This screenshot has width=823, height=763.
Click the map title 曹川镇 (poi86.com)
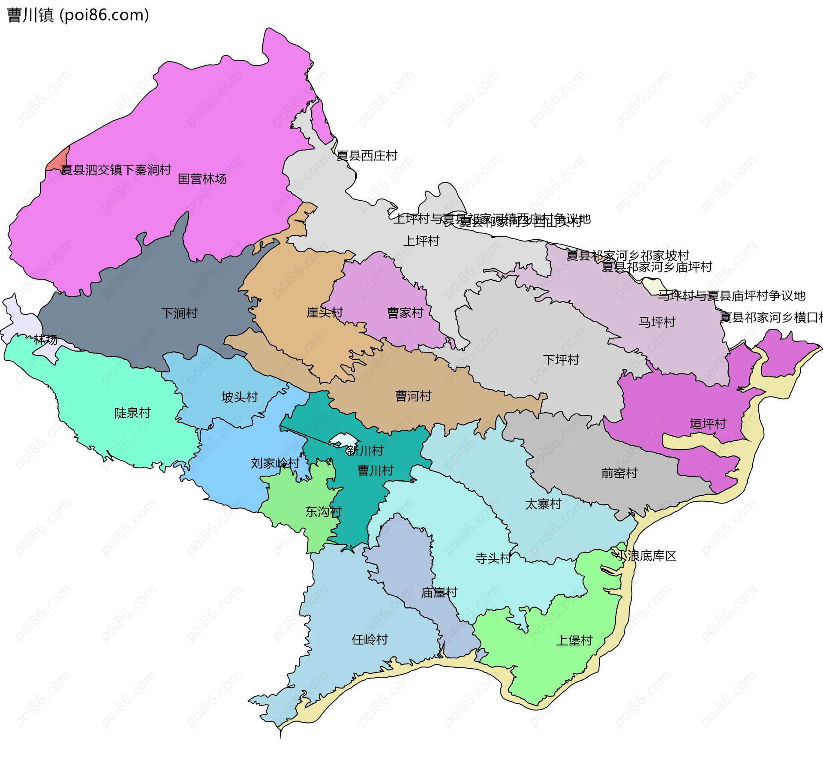(x=78, y=15)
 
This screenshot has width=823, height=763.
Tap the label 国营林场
(x=202, y=179)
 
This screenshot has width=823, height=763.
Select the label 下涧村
(x=179, y=313)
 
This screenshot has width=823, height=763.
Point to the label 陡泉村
(x=132, y=413)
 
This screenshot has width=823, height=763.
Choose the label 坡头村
(x=239, y=397)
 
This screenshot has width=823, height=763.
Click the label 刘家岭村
(x=275, y=463)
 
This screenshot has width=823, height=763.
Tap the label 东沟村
(x=323, y=511)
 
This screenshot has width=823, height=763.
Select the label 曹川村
(x=375, y=470)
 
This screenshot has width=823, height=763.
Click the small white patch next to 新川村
(x=343, y=440)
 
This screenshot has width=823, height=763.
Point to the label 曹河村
(x=413, y=396)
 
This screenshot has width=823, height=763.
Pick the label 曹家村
(x=405, y=313)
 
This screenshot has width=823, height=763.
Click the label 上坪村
(x=421, y=241)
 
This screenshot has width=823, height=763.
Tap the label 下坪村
(x=561, y=359)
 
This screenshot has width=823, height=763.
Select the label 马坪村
(x=657, y=322)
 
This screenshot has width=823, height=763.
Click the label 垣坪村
(x=707, y=424)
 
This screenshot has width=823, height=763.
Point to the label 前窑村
(x=619, y=473)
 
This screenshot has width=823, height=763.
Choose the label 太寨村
(x=543, y=504)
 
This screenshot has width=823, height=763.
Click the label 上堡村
(x=574, y=640)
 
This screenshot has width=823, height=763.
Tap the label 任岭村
(x=369, y=639)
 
